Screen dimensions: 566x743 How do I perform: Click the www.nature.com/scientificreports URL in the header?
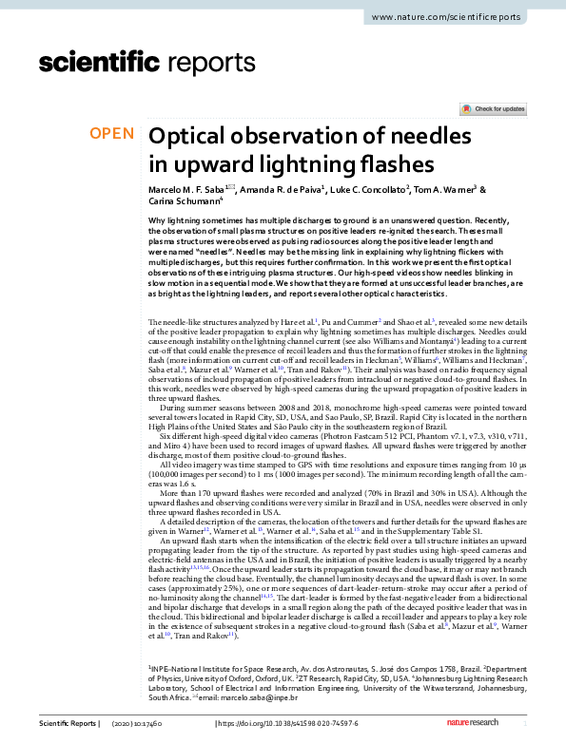(446, 17)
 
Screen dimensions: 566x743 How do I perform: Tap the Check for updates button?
(494, 109)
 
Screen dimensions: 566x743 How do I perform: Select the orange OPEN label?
(111, 134)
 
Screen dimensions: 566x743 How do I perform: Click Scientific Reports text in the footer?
(68, 723)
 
